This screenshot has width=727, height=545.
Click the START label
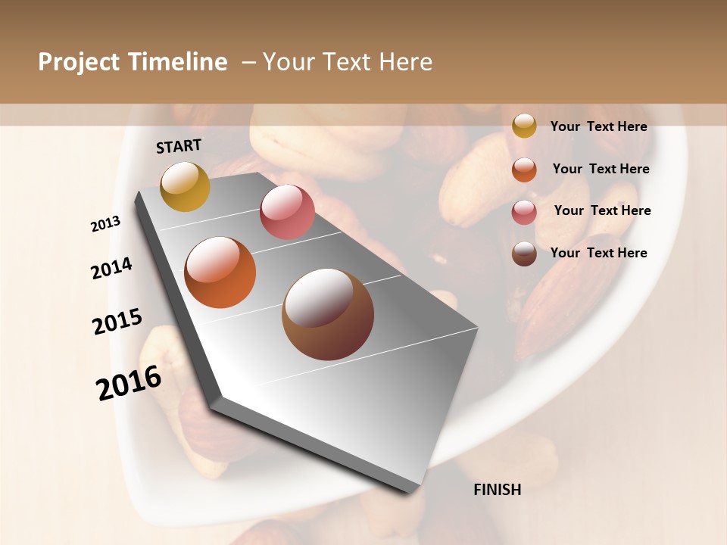click(179, 146)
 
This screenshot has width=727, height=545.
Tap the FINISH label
click(497, 490)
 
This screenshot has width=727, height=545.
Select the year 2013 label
click(105, 223)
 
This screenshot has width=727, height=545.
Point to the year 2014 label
click(111, 268)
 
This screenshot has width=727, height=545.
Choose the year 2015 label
click(117, 322)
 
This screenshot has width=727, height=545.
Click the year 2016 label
click(129, 382)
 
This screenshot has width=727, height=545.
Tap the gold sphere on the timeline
click(185, 186)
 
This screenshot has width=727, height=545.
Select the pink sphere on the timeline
click(287, 212)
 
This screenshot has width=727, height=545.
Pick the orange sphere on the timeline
click(220, 272)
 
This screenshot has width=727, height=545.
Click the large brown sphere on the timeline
click(328, 315)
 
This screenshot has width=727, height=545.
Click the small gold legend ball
click(524, 126)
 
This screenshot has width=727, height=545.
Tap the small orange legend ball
click(524, 170)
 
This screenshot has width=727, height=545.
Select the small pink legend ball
click(524, 212)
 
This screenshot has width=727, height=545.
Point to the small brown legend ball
click(524, 254)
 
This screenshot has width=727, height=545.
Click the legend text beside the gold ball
click(598, 126)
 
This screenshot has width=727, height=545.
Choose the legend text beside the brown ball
click(598, 253)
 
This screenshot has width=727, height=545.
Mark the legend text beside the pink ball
click(602, 210)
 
